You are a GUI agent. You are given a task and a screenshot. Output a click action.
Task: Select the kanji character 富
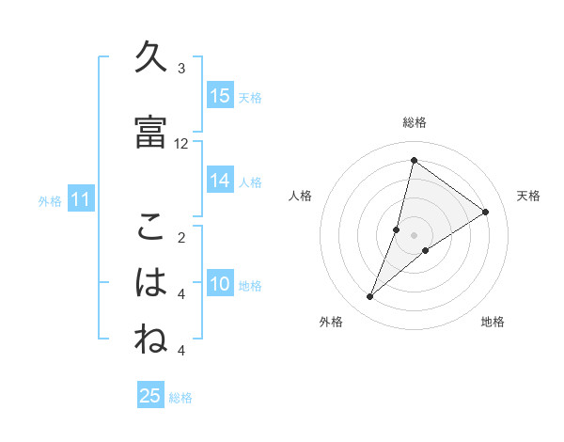click(150, 132)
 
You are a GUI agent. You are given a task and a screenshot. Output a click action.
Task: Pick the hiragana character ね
click(150, 339)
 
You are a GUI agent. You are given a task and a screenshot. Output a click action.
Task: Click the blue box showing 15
click(220, 96)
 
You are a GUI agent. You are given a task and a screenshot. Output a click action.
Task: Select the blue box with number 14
click(220, 181)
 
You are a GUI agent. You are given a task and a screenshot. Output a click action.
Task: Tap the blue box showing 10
click(220, 284)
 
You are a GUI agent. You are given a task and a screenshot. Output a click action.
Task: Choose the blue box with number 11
click(81, 199)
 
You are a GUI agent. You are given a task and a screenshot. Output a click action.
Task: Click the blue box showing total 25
click(150, 396)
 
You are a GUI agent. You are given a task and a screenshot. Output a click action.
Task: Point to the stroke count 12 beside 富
click(181, 144)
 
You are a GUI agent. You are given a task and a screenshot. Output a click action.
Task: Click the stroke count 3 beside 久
click(181, 69)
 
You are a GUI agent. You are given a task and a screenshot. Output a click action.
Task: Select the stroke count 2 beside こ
click(181, 238)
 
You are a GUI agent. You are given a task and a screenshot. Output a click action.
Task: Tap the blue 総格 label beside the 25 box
click(180, 398)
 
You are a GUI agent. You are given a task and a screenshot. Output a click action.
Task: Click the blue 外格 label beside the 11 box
click(50, 200)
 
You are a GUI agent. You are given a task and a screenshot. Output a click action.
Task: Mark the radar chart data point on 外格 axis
click(369, 297)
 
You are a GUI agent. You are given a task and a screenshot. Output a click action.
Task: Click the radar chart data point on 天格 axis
click(485, 212)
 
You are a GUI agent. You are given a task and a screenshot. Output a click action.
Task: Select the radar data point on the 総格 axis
click(414, 161)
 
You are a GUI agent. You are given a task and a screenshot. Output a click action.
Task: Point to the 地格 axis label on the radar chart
click(493, 323)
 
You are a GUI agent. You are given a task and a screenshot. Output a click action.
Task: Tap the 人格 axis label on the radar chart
click(300, 196)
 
